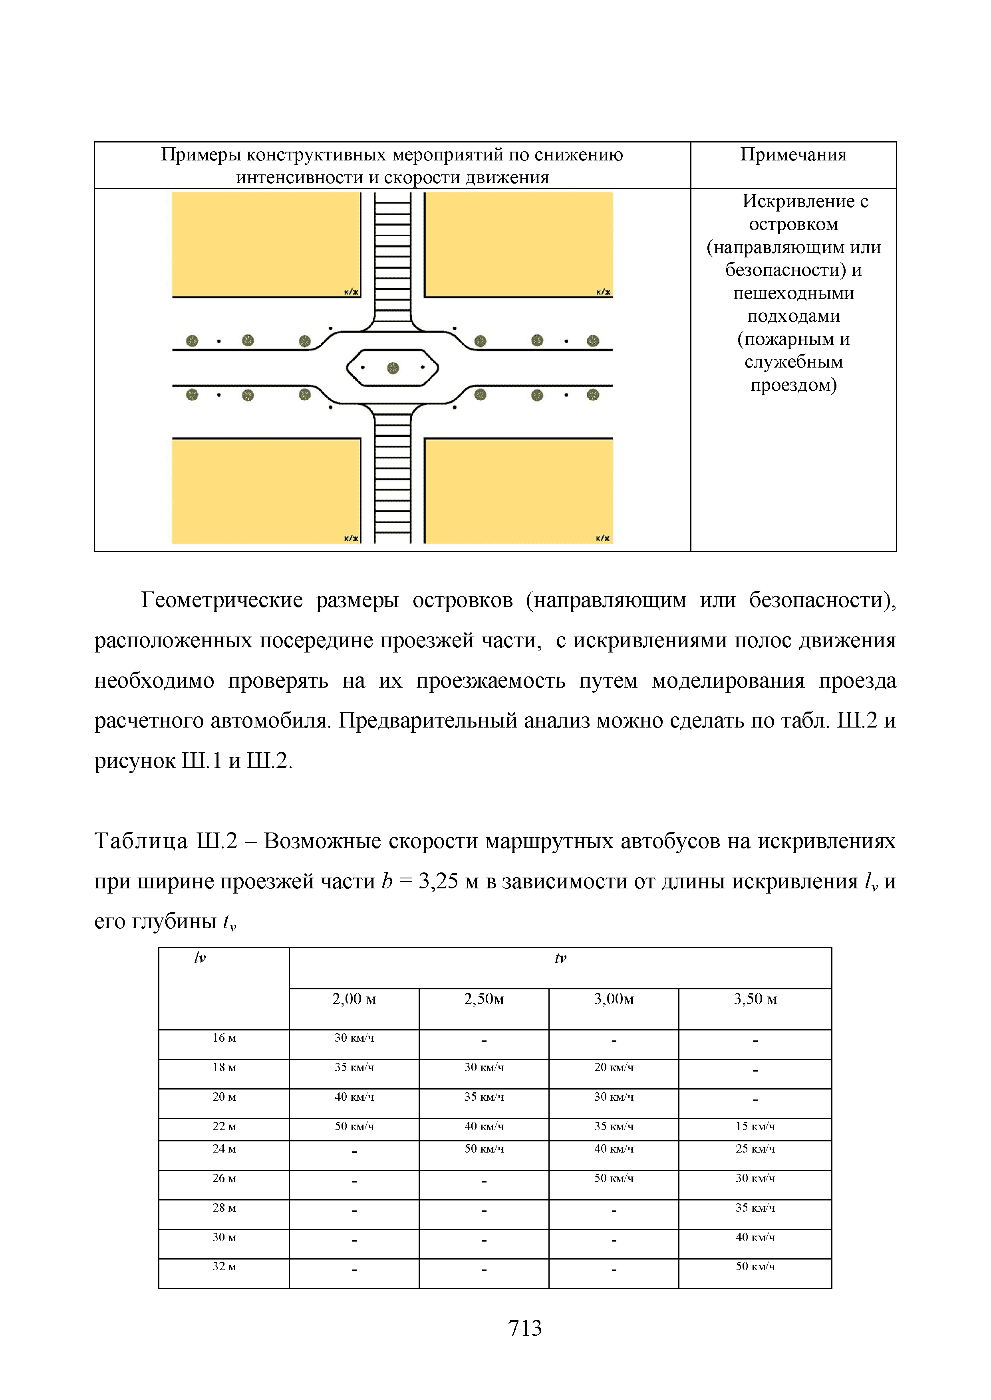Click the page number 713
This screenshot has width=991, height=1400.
pyautogui.click(x=525, y=1328)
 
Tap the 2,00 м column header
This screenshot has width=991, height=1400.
pyautogui.click(x=354, y=999)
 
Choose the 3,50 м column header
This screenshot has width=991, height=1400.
pyautogui.click(x=755, y=999)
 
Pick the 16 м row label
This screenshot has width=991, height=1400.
pyautogui.click(x=224, y=1038)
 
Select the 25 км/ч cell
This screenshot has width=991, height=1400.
pyautogui.click(x=755, y=1149)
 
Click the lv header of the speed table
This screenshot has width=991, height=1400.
pyautogui.click(x=200, y=959)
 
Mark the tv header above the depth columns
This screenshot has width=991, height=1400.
pyautogui.click(x=560, y=959)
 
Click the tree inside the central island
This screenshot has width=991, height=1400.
pyautogui.click(x=393, y=368)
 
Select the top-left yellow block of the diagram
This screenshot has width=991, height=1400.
pyautogui.click(x=266, y=244)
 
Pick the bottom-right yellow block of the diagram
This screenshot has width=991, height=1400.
pyautogui.click(x=519, y=491)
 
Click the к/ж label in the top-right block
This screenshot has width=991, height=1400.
pyautogui.click(x=603, y=292)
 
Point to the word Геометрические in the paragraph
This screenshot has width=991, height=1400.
pyautogui.click(x=222, y=601)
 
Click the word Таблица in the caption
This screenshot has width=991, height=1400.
pyautogui.click(x=141, y=841)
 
